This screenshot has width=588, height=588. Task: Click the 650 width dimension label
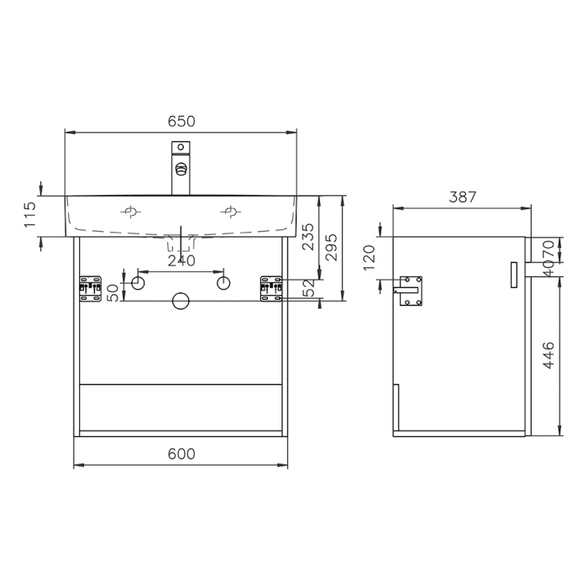tap(181, 121)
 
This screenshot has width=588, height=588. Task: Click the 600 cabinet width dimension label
tap(181, 454)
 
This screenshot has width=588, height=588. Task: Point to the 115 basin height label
tap(31, 216)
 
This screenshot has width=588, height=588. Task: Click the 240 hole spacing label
tap(181, 261)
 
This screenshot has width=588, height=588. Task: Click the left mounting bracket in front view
tap(88, 287)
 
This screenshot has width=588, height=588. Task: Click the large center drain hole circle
tap(181, 301)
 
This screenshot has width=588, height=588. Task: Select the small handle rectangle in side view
tap(515, 274)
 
